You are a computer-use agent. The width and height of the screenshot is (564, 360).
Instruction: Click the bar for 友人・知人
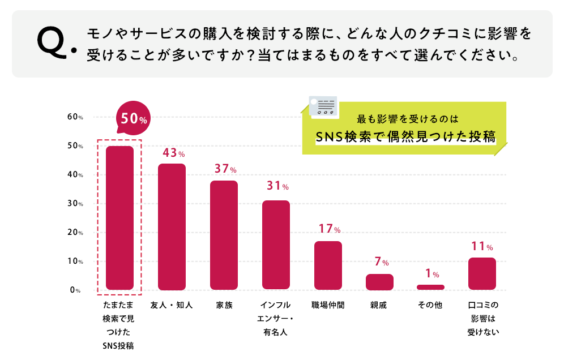point(172,226)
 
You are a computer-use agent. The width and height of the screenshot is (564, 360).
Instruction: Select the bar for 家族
point(224,235)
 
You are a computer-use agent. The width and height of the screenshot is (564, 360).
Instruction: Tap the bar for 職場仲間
point(328,265)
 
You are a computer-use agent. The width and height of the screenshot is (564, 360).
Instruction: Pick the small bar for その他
point(430,287)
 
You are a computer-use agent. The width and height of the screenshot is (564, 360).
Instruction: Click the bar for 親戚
point(379,282)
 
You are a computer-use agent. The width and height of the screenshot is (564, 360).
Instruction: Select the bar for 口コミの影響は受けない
point(482,273)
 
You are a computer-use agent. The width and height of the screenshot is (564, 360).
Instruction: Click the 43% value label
point(173,153)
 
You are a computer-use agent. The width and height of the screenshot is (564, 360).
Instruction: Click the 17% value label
point(329,229)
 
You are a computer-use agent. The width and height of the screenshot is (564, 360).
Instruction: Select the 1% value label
point(432,274)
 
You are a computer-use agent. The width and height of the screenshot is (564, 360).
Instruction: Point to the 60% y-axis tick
point(75,117)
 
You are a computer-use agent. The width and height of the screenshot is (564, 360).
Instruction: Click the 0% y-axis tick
point(75,290)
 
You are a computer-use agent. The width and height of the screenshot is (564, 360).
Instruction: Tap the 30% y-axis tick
point(75,204)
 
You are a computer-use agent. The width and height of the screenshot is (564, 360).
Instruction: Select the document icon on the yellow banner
point(323,106)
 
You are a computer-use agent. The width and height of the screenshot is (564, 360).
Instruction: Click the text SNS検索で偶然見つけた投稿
point(405,137)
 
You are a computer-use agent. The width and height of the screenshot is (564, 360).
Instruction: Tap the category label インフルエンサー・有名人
point(276,319)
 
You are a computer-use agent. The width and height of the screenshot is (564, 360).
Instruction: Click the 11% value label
point(482,247)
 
